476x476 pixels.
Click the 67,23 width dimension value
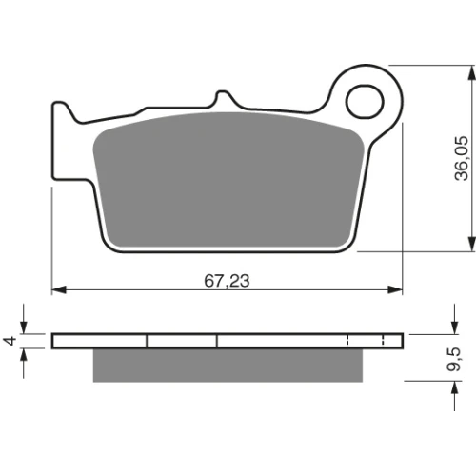pos(227,281)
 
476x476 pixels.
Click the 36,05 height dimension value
pos(462,158)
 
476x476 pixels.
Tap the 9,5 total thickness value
pos(453,359)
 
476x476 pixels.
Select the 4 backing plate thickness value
pos(10,341)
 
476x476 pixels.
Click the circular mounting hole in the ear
pos(365,102)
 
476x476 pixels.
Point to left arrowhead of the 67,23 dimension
pos(59,289)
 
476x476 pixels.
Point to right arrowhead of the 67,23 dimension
pos(395,289)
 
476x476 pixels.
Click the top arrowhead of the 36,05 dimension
pos(472,73)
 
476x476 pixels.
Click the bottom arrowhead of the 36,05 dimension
pos(472,244)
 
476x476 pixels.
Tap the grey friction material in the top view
pos(228,180)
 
